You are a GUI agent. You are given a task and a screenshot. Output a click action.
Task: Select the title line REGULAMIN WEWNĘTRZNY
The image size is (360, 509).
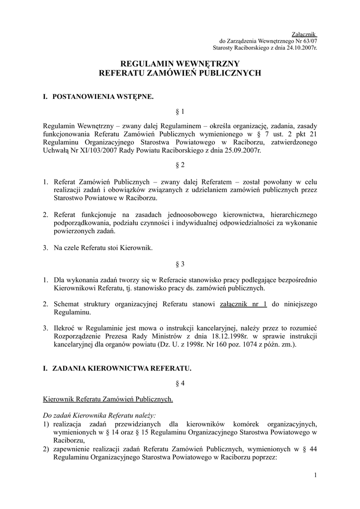(180, 64)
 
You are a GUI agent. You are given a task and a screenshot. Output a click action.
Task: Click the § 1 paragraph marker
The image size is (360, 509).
(180, 112)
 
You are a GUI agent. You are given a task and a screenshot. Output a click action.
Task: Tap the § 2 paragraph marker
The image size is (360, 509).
(180, 165)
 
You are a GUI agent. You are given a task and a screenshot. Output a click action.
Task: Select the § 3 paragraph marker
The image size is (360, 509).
(180, 264)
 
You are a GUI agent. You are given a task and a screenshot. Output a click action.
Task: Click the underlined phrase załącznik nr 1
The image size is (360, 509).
(243, 304)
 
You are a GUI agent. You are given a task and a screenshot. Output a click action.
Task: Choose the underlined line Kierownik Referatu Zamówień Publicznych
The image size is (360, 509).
(108, 399)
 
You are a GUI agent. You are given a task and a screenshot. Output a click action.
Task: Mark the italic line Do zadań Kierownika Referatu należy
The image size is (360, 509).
(99, 414)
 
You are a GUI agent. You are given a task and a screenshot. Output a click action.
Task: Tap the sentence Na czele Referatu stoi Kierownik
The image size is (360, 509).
(104, 248)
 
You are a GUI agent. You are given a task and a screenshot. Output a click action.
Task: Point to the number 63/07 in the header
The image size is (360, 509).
(308, 41)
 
